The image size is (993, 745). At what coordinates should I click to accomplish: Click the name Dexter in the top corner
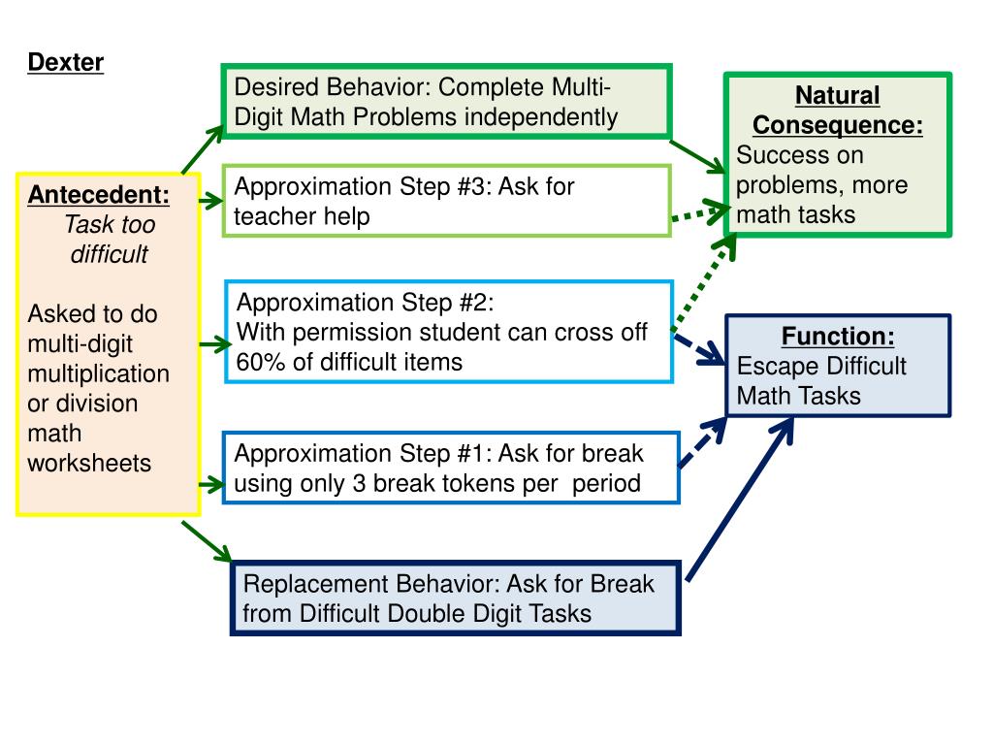tap(66, 63)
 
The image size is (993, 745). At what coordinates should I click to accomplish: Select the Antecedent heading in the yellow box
tap(99, 194)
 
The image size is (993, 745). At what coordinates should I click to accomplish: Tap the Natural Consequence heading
tap(838, 111)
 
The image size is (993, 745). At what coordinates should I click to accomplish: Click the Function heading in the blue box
tap(838, 336)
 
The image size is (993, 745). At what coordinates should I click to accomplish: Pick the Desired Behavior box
tap(446, 101)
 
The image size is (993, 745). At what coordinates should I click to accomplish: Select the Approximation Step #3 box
tap(446, 201)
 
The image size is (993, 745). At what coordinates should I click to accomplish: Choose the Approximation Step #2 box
tap(449, 332)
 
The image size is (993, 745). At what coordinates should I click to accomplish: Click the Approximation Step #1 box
tap(451, 469)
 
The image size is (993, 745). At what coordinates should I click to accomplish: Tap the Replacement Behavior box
tap(456, 598)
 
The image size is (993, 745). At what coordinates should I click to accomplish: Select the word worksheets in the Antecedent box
tap(89, 463)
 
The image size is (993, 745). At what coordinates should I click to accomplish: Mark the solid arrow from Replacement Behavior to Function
tap(740, 500)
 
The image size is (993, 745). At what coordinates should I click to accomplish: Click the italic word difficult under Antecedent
tap(109, 254)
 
